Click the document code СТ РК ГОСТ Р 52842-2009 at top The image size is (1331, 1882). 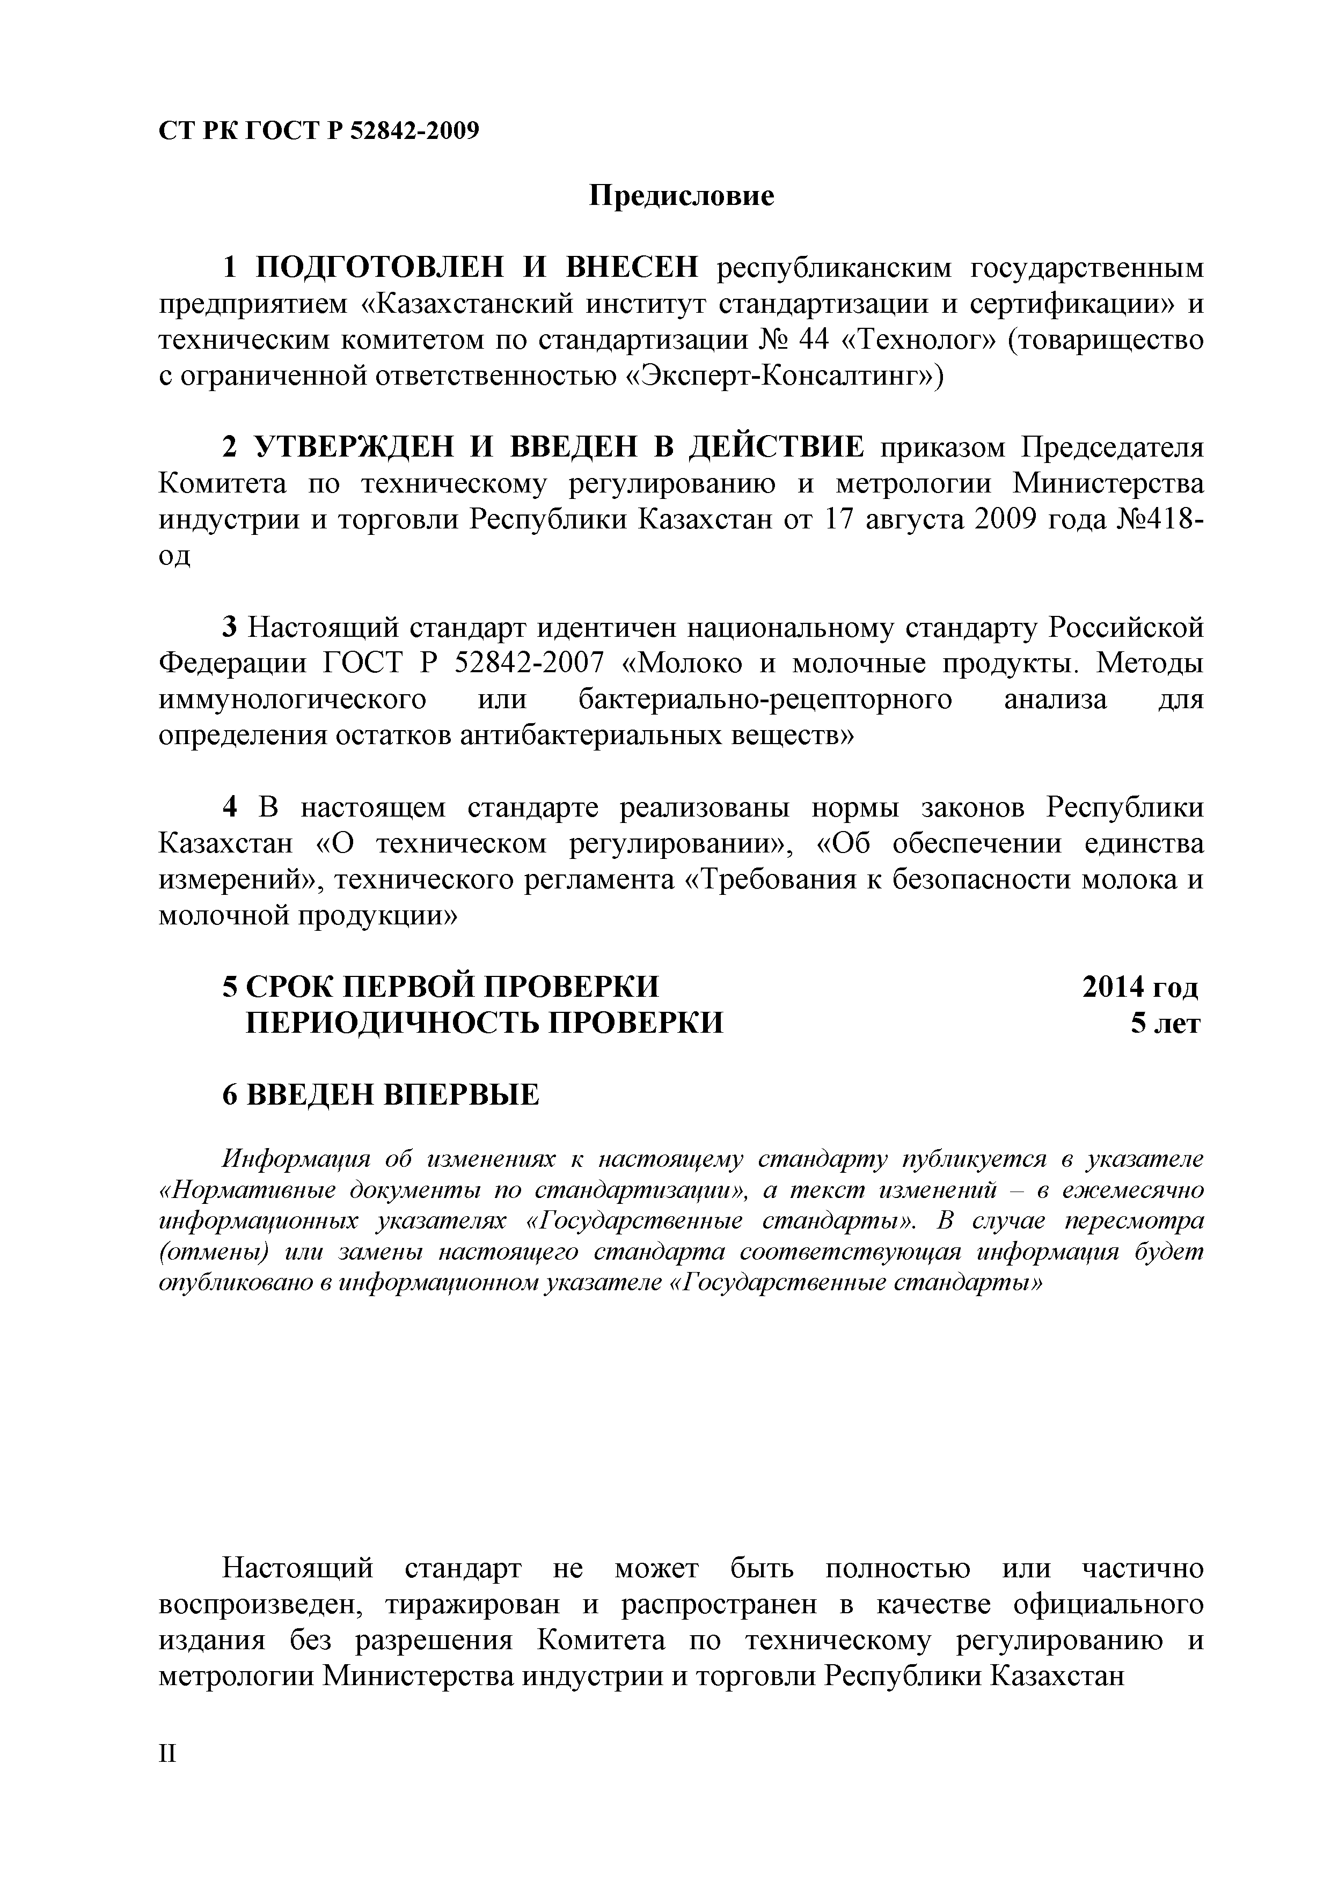tap(318, 131)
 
